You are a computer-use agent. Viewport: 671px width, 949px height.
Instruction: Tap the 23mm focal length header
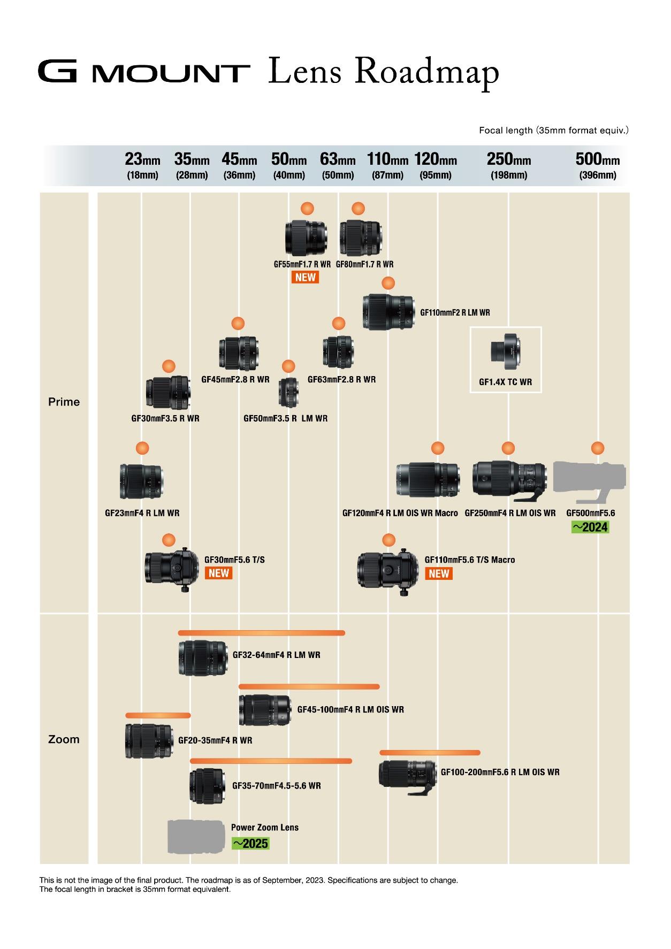142,159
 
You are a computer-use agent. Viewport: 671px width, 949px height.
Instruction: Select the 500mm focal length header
598,159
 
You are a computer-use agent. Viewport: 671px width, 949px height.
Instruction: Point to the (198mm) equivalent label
509,175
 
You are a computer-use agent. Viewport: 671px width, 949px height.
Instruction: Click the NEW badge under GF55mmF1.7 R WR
305,277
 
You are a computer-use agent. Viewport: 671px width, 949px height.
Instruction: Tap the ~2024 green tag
590,527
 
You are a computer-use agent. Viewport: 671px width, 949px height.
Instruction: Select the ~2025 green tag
250,844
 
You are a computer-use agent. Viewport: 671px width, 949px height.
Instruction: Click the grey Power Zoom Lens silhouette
196,837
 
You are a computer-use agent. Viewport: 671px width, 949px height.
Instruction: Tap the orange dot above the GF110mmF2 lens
388,283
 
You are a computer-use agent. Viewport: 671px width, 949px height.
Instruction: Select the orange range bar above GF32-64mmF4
262,633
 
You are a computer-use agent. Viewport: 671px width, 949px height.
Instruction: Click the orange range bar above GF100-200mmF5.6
430,753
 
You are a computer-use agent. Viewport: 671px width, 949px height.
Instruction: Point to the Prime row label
64,402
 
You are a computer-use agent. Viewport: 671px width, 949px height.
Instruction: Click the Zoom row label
64,739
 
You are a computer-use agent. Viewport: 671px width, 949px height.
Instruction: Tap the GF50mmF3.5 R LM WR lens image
288,392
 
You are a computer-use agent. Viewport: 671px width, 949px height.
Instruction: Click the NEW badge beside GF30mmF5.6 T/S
218,573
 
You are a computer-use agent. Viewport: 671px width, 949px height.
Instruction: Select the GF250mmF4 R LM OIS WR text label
510,513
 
